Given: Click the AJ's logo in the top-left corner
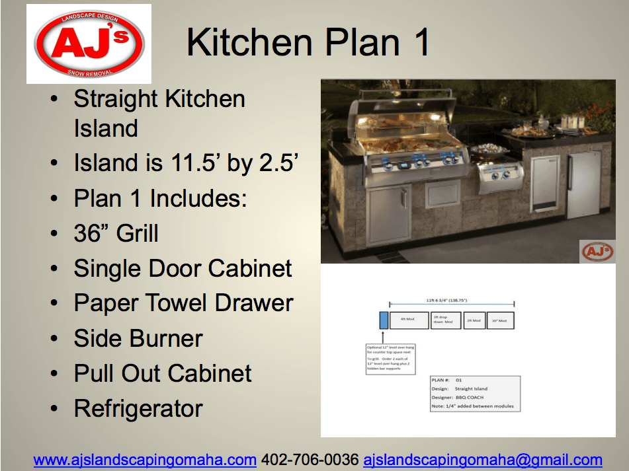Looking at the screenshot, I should [x=89, y=44].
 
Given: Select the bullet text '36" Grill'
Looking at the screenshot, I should [x=116, y=233].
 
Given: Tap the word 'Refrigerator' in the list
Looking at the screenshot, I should [x=138, y=408].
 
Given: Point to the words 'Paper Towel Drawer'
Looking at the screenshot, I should [x=183, y=303].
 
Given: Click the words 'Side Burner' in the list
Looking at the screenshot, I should [x=138, y=338].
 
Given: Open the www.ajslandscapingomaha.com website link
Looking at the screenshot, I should [x=145, y=460].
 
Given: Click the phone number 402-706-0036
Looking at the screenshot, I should [x=310, y=460].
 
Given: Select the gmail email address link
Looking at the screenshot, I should [x=483, y=460].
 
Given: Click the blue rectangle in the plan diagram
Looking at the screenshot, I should [x=384, y=320].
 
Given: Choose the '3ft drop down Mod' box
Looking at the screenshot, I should [x=443, y=320].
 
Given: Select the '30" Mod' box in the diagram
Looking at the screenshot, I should [x=501, y=320].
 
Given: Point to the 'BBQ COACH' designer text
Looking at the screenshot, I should [x=471, y=397].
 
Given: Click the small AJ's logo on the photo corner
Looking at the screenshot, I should [x=597, y=252].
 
